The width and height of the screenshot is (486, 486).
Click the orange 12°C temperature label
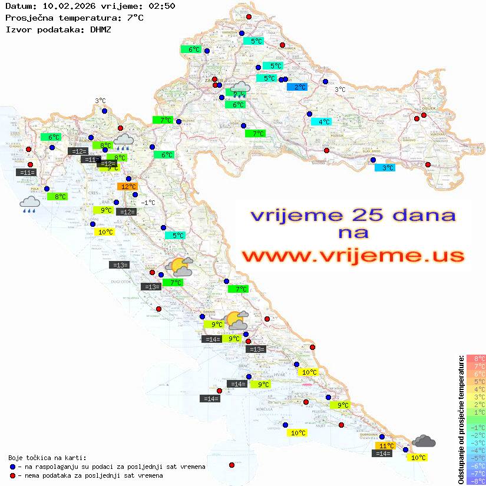coord(128,187)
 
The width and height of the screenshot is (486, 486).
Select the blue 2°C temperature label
coord(297,87)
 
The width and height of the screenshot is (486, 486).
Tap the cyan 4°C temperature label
coord(321,122)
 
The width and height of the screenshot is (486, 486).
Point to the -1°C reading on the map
coord(148,203)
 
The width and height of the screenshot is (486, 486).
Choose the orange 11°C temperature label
coord(385,446)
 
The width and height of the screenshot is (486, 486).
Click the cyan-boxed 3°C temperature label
coord(385,168)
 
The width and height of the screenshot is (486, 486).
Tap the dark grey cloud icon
coord(424,441)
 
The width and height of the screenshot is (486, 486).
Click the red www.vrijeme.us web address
coord(352,256)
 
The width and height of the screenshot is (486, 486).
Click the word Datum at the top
coord(18,6)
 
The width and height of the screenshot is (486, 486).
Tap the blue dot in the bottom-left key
coord(12,467)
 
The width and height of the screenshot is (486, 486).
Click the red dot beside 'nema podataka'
coord(12,475)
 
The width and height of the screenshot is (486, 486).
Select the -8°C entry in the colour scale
coord(476,481)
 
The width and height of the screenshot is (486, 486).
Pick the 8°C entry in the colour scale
coord(476,359)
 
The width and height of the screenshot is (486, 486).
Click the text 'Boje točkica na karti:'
coord(47,458)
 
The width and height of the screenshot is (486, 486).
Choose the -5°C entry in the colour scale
coord(476,458)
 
